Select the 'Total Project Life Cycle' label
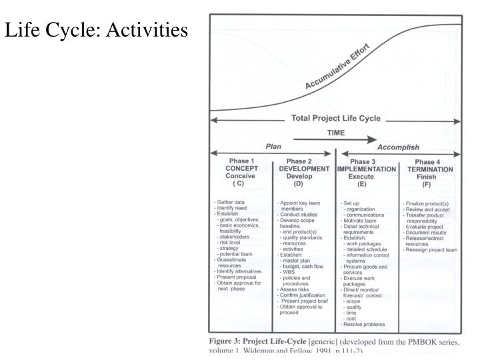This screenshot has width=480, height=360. pos(336,119)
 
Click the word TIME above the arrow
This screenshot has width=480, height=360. pos(335,133)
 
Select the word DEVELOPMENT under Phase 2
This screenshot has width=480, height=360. pos(303,169)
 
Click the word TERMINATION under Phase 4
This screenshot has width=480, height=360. pos(430,169)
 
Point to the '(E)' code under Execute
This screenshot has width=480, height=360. pos(367,184)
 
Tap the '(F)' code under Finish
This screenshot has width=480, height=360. pos(430,184)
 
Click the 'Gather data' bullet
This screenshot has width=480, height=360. pos(230,201)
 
